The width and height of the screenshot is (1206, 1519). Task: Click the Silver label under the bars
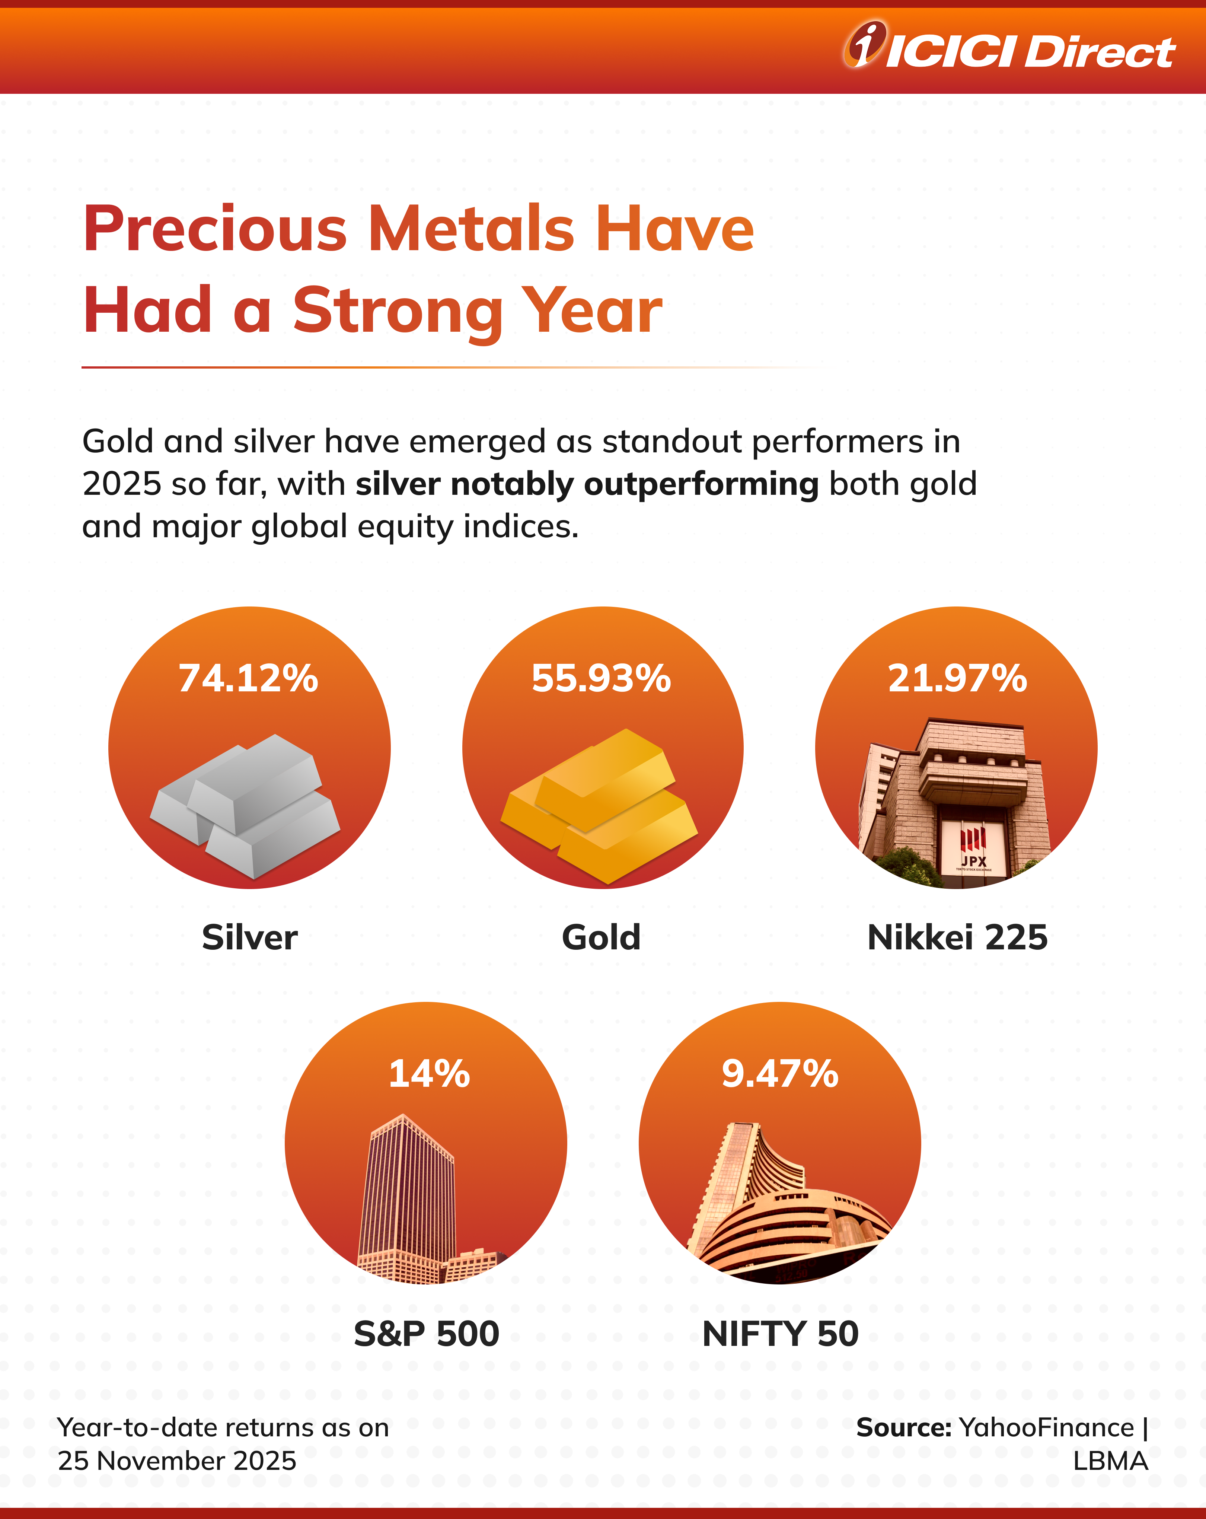tap(249, 938)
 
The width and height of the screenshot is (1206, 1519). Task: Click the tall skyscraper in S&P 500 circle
tap(407, 1191)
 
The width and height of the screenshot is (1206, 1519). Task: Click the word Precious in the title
tap(215, 229)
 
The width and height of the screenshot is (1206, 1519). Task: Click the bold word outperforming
tap(701, 485)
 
